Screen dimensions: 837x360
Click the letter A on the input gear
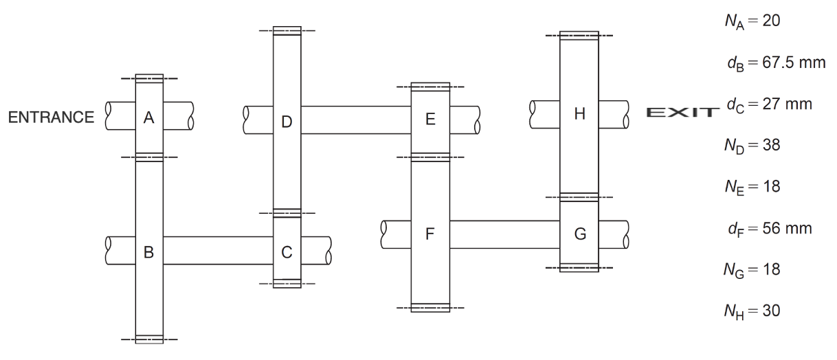[148, 117]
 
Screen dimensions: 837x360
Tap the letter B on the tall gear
[148, 252]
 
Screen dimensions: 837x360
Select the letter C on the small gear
[287, 252]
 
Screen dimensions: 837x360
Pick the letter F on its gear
[430, 234]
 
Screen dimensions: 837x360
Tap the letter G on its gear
[579, 234]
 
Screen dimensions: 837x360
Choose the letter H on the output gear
[579, 114]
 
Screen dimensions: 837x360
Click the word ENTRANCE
[52, 117]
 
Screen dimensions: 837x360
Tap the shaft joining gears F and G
[504, 234]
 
